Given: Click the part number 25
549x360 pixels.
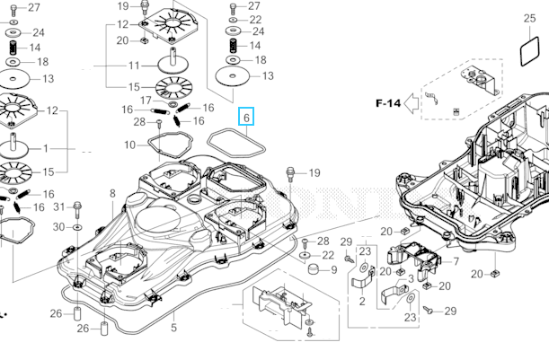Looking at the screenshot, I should click(529, 17).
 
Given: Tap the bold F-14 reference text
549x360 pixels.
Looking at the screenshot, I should click(388, 103).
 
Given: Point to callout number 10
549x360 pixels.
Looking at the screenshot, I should click(130, 145).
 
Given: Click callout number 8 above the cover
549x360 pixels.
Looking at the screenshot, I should click(113, 193).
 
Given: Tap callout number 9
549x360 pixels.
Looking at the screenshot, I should click(333, 269).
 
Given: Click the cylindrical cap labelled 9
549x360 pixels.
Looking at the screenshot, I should click(310, 269).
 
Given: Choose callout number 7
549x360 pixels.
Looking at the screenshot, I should click(455, 261).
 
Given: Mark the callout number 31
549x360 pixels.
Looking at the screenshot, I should click(60, 207).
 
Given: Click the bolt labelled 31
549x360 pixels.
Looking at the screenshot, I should click(78, 209).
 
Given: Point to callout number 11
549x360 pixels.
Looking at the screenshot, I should click(134, 66).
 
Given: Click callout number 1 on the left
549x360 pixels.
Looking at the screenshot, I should click(47, 148).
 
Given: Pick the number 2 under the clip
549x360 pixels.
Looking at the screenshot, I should click(362, 302).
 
